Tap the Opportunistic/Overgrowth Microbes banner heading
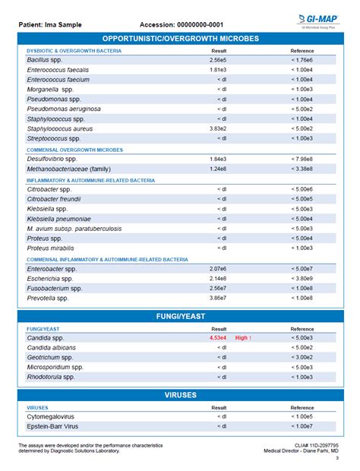tap(180, 38)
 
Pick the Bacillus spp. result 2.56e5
tap(218, 59)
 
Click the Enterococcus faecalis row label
tap(58, 69)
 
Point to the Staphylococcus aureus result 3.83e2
tap(218, 128)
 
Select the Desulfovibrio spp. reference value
tap(302, 159)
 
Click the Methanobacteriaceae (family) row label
tap(69, 169)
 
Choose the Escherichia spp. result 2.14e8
tap(218, 278)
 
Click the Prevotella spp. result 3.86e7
tap(218, 298)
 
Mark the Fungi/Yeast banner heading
tap(180, 316)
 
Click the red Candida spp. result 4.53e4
tap(219, 337)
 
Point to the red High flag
tap(243, 337)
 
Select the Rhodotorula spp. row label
tap(51, 377)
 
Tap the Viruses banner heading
tap(180, 395)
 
